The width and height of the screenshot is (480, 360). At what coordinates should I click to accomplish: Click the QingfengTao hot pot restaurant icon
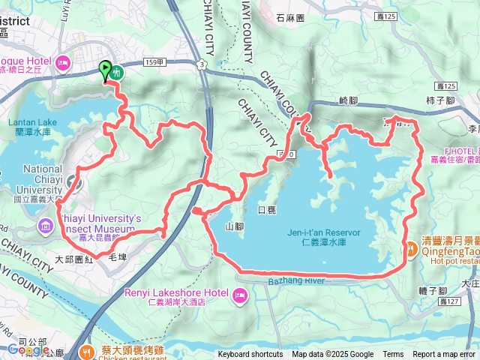click(412, 249)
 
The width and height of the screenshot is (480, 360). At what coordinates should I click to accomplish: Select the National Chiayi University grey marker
click(73, 181)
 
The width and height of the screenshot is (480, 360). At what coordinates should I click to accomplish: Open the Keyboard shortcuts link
click(250, 355)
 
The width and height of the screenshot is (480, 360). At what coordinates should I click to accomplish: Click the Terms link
click(393, 355)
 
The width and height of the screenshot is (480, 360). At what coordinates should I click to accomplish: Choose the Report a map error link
click(444, 355)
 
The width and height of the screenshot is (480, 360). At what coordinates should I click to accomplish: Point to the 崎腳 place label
click(349, 100)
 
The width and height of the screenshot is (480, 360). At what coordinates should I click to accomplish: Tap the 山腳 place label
click(234, 225)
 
